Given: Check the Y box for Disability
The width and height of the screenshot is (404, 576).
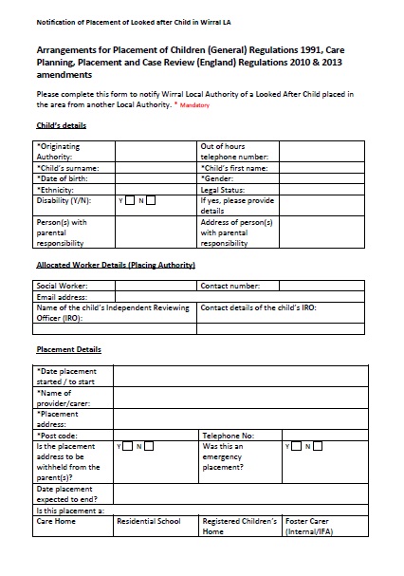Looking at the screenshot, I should coord(130,200).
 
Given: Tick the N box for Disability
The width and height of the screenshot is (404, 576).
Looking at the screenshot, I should coord(150,200).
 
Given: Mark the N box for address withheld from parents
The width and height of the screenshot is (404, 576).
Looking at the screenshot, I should coord(150,445).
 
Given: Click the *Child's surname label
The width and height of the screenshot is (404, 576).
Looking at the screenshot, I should coord(65,168).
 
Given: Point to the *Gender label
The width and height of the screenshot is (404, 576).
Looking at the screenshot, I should coord(217,178).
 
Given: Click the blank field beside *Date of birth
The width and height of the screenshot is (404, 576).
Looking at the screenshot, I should coord(156,178).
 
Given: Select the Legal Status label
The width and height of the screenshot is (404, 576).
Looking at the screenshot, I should coord(224,190).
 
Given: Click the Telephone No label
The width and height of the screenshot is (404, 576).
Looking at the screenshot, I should coord(228,435).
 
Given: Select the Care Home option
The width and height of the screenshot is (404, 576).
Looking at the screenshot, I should coord(56,522).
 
